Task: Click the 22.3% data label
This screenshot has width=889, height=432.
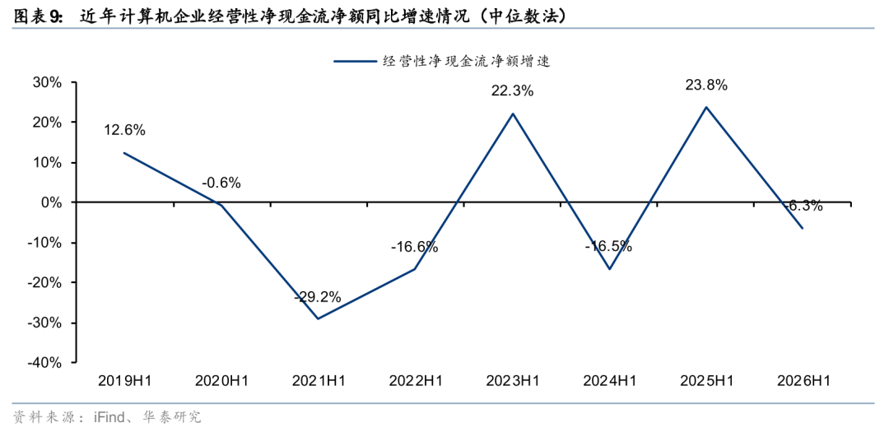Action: click(513, 91)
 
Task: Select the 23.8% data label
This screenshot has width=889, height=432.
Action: click(706, 86)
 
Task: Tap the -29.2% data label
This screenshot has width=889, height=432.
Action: click(318, 297)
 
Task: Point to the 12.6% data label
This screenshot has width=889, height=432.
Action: click(124, 130)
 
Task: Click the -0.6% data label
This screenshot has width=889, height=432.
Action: click(221, 183)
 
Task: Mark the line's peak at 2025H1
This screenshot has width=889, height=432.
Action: click(706, 107)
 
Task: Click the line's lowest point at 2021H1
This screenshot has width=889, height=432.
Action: click(318, 318)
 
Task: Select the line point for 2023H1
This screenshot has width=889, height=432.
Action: click(513, 114)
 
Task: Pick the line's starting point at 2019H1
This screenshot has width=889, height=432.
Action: click(124, 152)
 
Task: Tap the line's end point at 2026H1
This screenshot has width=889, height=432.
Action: click(803, 228)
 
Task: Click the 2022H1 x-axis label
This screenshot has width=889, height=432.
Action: click(415, 382)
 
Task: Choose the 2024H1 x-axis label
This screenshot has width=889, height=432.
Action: click(609, 382)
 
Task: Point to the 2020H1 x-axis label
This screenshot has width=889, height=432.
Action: click(221, 382)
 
